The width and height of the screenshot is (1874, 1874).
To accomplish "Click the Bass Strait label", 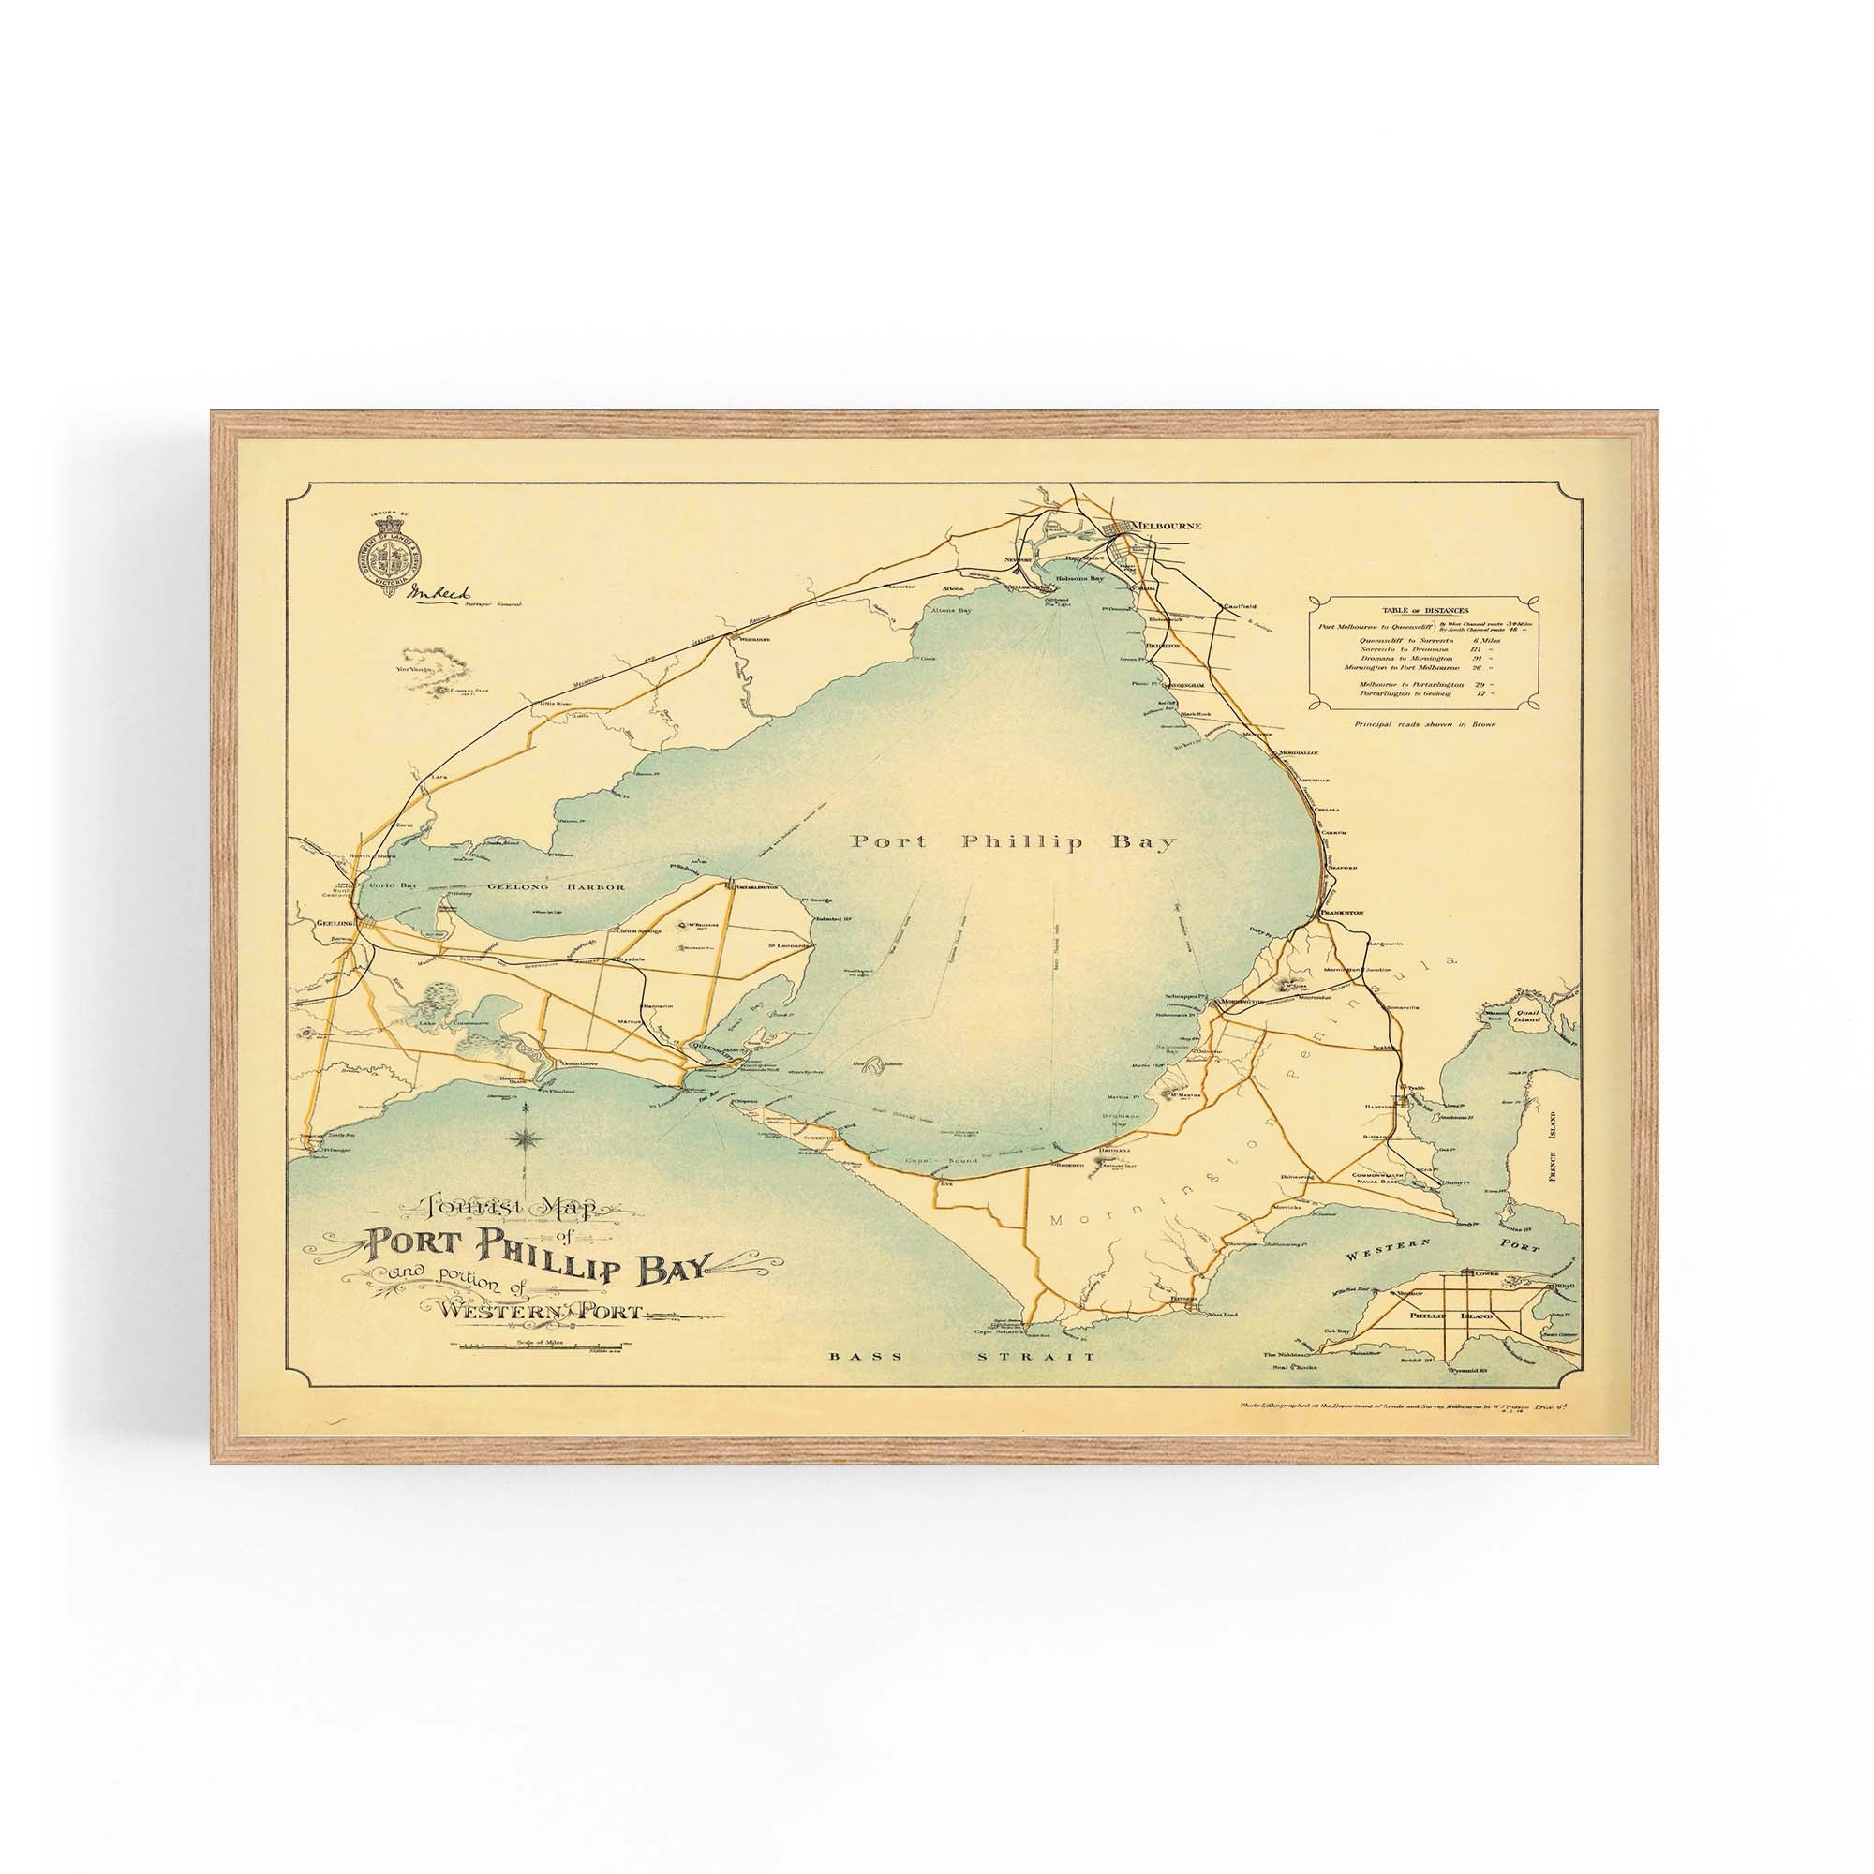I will tap(961, 1357).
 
